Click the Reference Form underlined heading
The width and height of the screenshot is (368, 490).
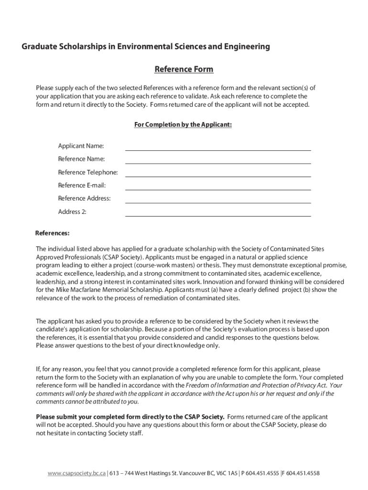click(x=184, y=69)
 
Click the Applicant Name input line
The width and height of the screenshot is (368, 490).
click(x=218, y=147)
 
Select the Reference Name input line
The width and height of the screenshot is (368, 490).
click(x=218, y=160)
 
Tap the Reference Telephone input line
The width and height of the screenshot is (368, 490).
click(x=218, y=173)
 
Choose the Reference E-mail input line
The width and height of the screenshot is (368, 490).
click(x=218, y=186)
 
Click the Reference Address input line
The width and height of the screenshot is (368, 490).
click(x=218, y=199)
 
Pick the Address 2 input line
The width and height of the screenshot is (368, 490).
click(x=218, y=212)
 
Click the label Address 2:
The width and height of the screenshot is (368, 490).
click(x=72, y=212)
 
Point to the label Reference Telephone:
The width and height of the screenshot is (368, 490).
click(x=88, y=172)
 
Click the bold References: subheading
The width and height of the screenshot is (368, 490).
click(x=53, y=234)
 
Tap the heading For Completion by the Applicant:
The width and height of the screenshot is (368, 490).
click(x=184, y=124)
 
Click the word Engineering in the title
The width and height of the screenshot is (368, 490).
click(x=246, y=47)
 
